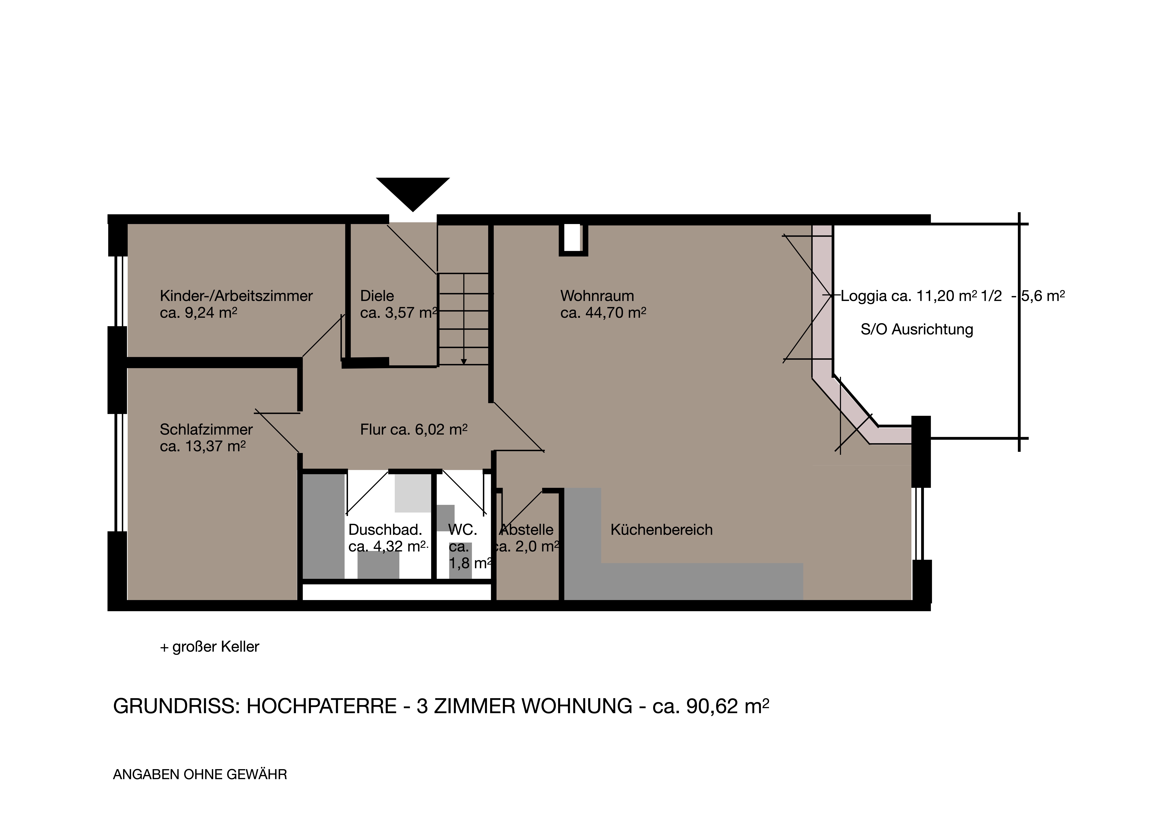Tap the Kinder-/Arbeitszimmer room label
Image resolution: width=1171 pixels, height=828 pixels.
click(x=236, y=296)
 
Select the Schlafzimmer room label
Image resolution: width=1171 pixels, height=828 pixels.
click(x=206, y=430)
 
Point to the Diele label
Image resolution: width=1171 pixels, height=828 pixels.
click(x=377, y=296)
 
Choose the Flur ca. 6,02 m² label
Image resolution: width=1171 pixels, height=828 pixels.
click(x=414, y=430)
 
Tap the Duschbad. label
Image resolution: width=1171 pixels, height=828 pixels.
click(x=385, y=530)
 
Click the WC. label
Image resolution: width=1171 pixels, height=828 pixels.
click(x=463, y=530)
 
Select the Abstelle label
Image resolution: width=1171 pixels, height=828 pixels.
click(x=527, y=530)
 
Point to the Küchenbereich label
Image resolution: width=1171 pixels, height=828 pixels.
click(x=662, y=530)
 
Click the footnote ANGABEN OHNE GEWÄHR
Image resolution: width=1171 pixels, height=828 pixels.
click(x=200, y=774)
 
